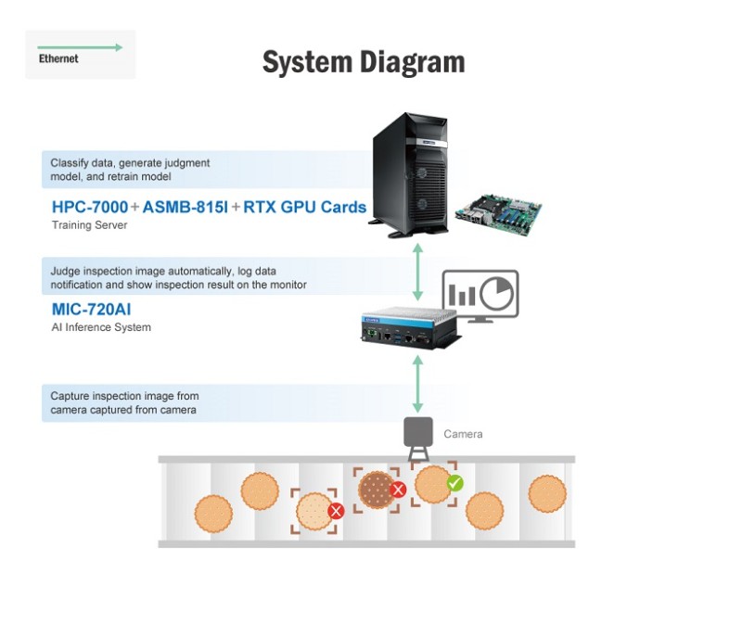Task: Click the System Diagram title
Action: [363, 62]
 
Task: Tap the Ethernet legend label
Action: [58, 58]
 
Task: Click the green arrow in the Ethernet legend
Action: [80, 47]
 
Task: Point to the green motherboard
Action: [498, 211]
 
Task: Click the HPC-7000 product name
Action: [89, 207]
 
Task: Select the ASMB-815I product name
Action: [185, 207]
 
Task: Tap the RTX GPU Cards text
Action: [305, 207]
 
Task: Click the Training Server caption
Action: [90, 225]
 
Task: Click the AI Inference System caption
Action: [101, 327]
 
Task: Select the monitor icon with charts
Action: [480, 296]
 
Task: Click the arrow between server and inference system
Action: [418, 273]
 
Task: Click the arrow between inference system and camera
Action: [418, 383]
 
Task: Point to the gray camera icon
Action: [418, 437]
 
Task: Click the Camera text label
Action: [463, 434]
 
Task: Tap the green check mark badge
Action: [454, 483]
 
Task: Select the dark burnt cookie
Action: [376, 489]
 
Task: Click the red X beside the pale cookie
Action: [337, 511]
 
